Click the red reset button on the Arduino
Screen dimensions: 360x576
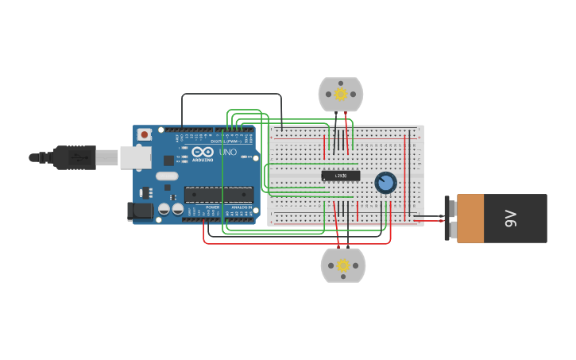145,135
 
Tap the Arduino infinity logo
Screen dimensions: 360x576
203,152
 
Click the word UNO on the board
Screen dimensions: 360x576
227,152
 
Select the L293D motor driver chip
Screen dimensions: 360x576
340,176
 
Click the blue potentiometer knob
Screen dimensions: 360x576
385,183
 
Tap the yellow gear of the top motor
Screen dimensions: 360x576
341,95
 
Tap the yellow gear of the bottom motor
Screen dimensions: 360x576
343,265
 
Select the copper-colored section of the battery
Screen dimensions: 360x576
470,218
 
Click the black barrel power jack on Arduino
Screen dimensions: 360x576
140,211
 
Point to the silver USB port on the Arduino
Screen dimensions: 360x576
135,157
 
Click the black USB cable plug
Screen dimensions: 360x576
75,157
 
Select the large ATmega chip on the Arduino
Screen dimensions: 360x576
218,194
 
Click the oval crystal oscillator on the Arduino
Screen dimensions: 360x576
167,176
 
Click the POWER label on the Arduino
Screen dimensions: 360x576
212,207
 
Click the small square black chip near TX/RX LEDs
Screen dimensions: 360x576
168,160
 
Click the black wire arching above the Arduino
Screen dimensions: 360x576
230,94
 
